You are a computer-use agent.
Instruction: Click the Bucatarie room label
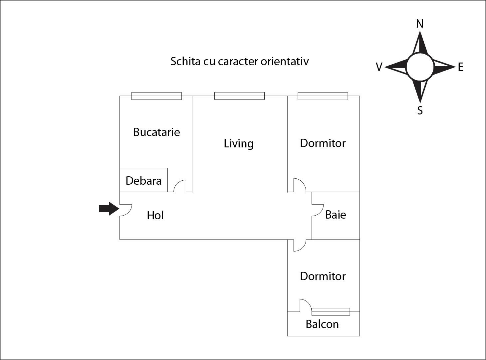[156, 132]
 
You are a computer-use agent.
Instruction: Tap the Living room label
[238, 143]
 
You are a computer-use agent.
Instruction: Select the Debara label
[143, 181]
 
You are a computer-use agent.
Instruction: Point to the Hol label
[155, 215]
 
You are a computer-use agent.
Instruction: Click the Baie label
[336, 215]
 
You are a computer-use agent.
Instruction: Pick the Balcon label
[322, 324]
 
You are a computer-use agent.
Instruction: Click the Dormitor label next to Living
[323, 143]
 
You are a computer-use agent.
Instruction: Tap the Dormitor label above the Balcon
[323, 276]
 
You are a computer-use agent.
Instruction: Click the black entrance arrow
[109, 209]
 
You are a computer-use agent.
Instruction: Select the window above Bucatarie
[156, 96]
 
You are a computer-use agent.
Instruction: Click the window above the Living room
[239, 96]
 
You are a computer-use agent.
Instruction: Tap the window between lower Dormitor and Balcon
[331, 312]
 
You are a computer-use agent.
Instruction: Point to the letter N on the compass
[420, 24]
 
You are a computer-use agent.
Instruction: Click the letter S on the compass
[420, 110]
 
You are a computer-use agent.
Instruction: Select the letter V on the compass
[379, 67]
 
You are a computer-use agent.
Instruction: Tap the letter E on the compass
[460, 67]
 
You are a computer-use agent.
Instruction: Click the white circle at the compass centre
[420, 67]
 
